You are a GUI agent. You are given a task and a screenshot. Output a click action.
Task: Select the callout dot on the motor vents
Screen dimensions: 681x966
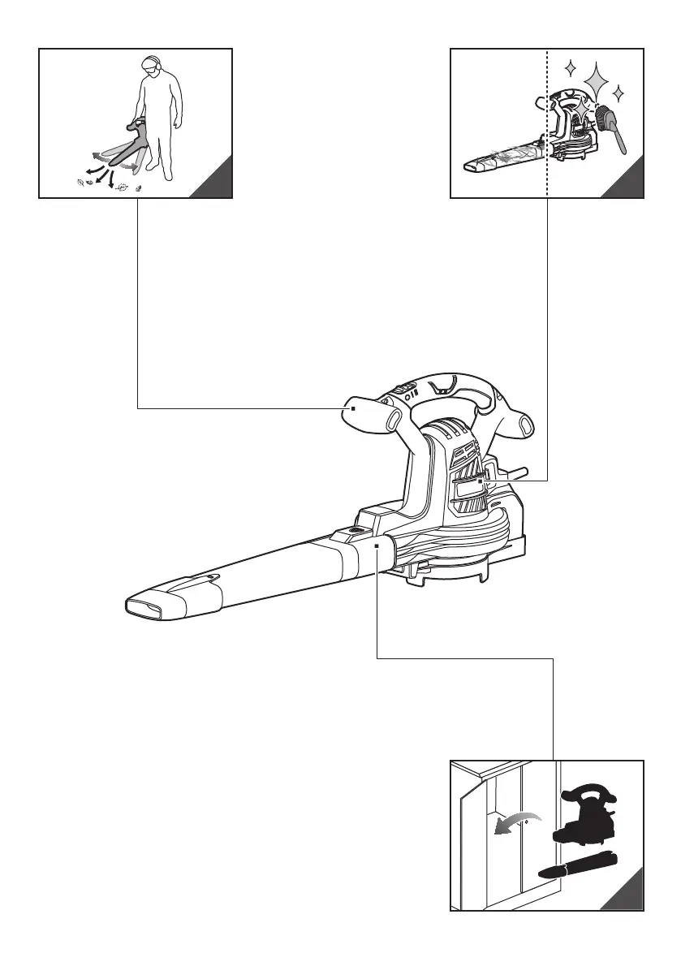pyautogui.click(x=481, y=481)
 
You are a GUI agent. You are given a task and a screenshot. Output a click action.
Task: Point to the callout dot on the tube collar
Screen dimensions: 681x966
pyautogui.click(x=378, y=546)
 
